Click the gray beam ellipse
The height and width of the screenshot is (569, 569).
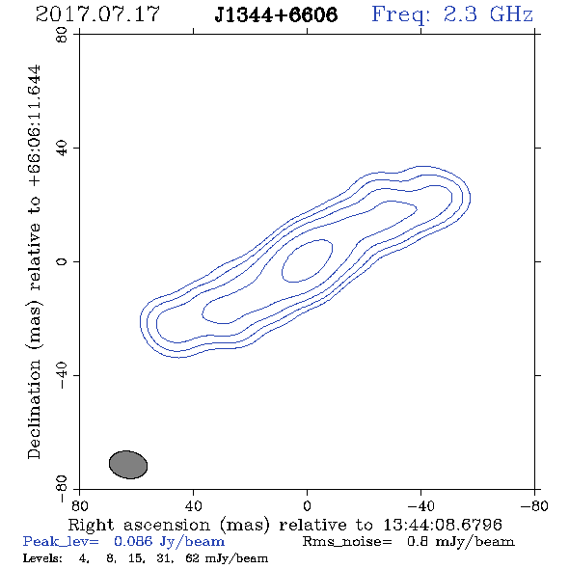128,465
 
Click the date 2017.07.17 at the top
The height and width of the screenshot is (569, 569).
97,14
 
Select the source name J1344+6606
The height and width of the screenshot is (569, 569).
276,14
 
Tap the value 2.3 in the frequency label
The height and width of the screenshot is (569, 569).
460,14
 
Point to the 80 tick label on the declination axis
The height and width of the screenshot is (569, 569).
62,35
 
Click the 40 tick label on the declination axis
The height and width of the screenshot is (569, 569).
62,149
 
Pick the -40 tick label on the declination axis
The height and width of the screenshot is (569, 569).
62,375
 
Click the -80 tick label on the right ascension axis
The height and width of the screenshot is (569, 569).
534,505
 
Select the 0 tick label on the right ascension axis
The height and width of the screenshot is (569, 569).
307,505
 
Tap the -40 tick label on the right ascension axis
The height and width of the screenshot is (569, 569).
420,505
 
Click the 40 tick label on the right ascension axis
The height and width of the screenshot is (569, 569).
193,505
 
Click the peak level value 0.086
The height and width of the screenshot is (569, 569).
133,541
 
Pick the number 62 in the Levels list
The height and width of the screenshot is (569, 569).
192,557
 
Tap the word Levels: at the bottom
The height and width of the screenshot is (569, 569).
42,557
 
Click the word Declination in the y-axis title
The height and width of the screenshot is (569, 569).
34,409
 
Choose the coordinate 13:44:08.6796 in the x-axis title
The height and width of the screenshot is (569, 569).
443,525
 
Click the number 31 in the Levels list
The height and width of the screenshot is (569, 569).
164,558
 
